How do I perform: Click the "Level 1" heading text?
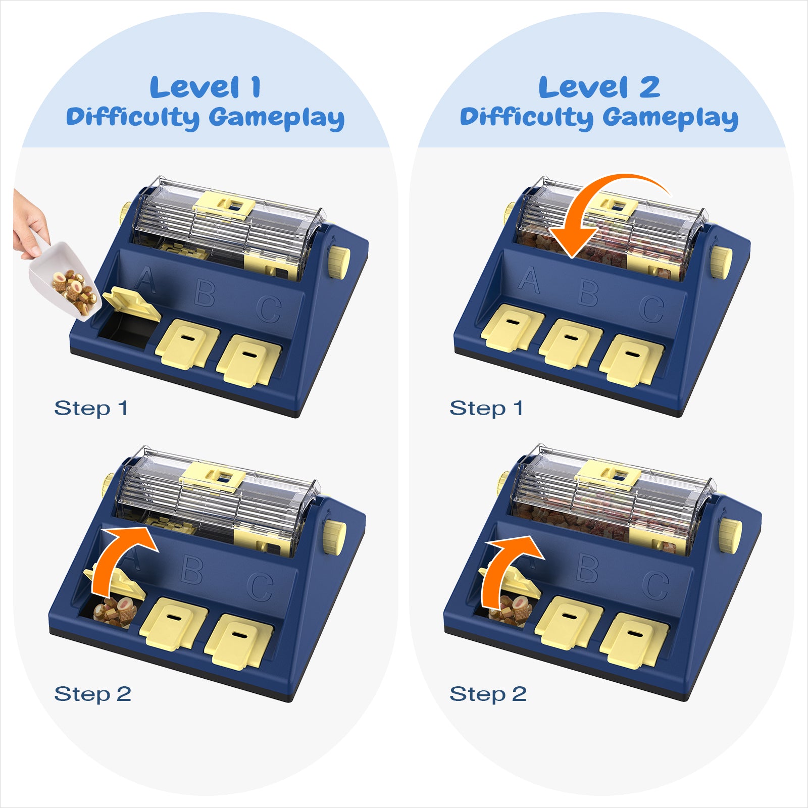click(206, 87)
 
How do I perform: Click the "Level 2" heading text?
click(599, 87)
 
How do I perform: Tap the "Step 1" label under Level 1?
click(91, 408)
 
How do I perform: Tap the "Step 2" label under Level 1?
click(93, 694)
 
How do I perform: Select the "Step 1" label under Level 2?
click(486, 408)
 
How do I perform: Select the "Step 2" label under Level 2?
click(488, 694)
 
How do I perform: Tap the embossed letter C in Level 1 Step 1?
click(269, 309)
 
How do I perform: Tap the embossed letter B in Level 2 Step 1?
click(589, 292)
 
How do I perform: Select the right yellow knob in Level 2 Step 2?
click(730, 535)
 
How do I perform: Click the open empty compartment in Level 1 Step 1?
click(124, 330)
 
